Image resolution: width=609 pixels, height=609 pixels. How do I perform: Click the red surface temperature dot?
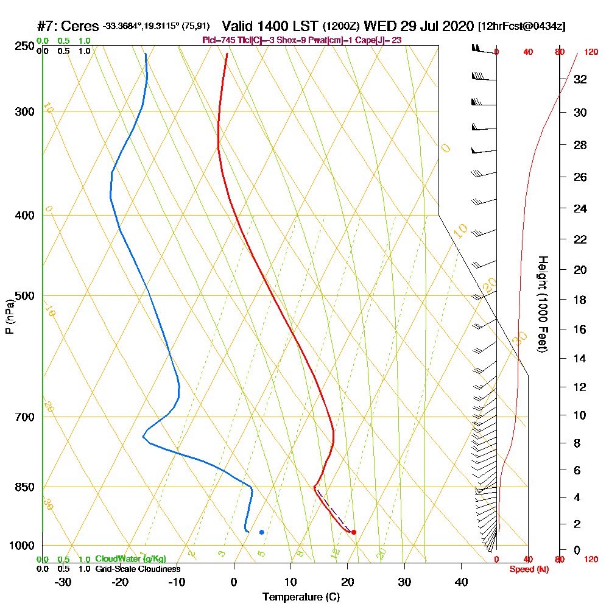[x=354, y=532]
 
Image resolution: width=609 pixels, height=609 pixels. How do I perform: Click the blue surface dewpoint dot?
[x=261, y=532]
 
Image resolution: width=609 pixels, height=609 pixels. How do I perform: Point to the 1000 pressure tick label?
[x=21, y=546]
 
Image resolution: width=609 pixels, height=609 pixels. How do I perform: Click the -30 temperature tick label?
[x=63, y=582]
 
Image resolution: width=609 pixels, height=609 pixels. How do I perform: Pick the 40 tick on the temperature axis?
[x=461, y=582]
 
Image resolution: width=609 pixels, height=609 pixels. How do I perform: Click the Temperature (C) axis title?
[x=301, y=597]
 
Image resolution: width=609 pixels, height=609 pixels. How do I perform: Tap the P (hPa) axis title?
[x=9, y=317]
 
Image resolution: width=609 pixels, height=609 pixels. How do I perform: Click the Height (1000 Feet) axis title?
[x=542, y=304]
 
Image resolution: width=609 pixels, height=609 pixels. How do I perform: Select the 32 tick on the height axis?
[x=580, y=79]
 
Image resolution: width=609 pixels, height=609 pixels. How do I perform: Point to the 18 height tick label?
[x=580, y=300]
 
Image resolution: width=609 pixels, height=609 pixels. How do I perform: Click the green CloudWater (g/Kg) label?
[x=130, y=559]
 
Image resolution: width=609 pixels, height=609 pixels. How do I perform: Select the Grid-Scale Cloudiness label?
[x=138, y=569]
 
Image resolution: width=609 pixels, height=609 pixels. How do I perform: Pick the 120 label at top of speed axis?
[x=591, y=52]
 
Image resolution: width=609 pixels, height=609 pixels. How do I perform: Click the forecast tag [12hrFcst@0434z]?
[x=522, y=27]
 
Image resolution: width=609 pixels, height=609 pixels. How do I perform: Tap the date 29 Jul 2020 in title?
[x=437, y=27]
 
